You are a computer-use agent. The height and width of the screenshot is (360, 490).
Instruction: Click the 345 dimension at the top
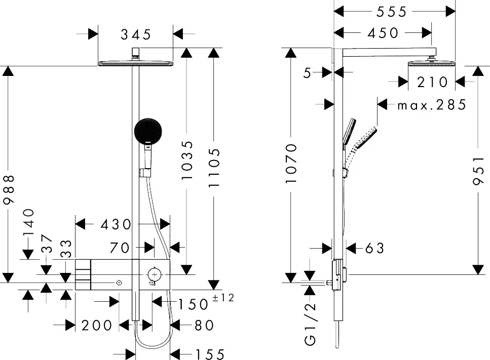tap(136, 34)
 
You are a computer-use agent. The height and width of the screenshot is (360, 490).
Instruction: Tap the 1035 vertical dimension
tap(187, 161)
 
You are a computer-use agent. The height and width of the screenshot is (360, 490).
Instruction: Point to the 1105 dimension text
tap(214, 168)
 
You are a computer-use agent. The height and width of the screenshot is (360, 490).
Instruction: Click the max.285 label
tap(431, 105)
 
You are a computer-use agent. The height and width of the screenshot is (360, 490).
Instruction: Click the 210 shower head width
tap(432, 82)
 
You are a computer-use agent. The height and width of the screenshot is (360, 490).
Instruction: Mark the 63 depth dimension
tap(374, 248)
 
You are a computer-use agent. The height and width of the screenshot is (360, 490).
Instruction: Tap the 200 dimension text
tap(96, 325)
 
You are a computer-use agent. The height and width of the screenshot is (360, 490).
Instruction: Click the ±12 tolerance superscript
tap(223, 298)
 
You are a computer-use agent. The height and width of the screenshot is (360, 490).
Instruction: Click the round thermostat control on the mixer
tap(154, 274)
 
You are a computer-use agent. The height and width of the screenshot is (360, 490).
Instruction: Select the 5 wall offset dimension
tap(307, 73)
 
